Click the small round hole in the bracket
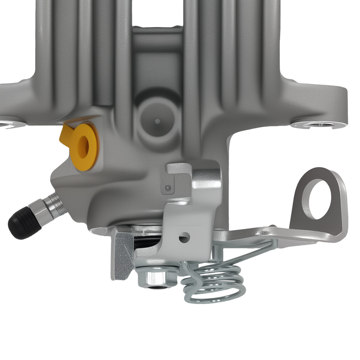point(185,237)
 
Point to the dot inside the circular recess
point(157,121)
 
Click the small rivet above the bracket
point(167,188)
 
